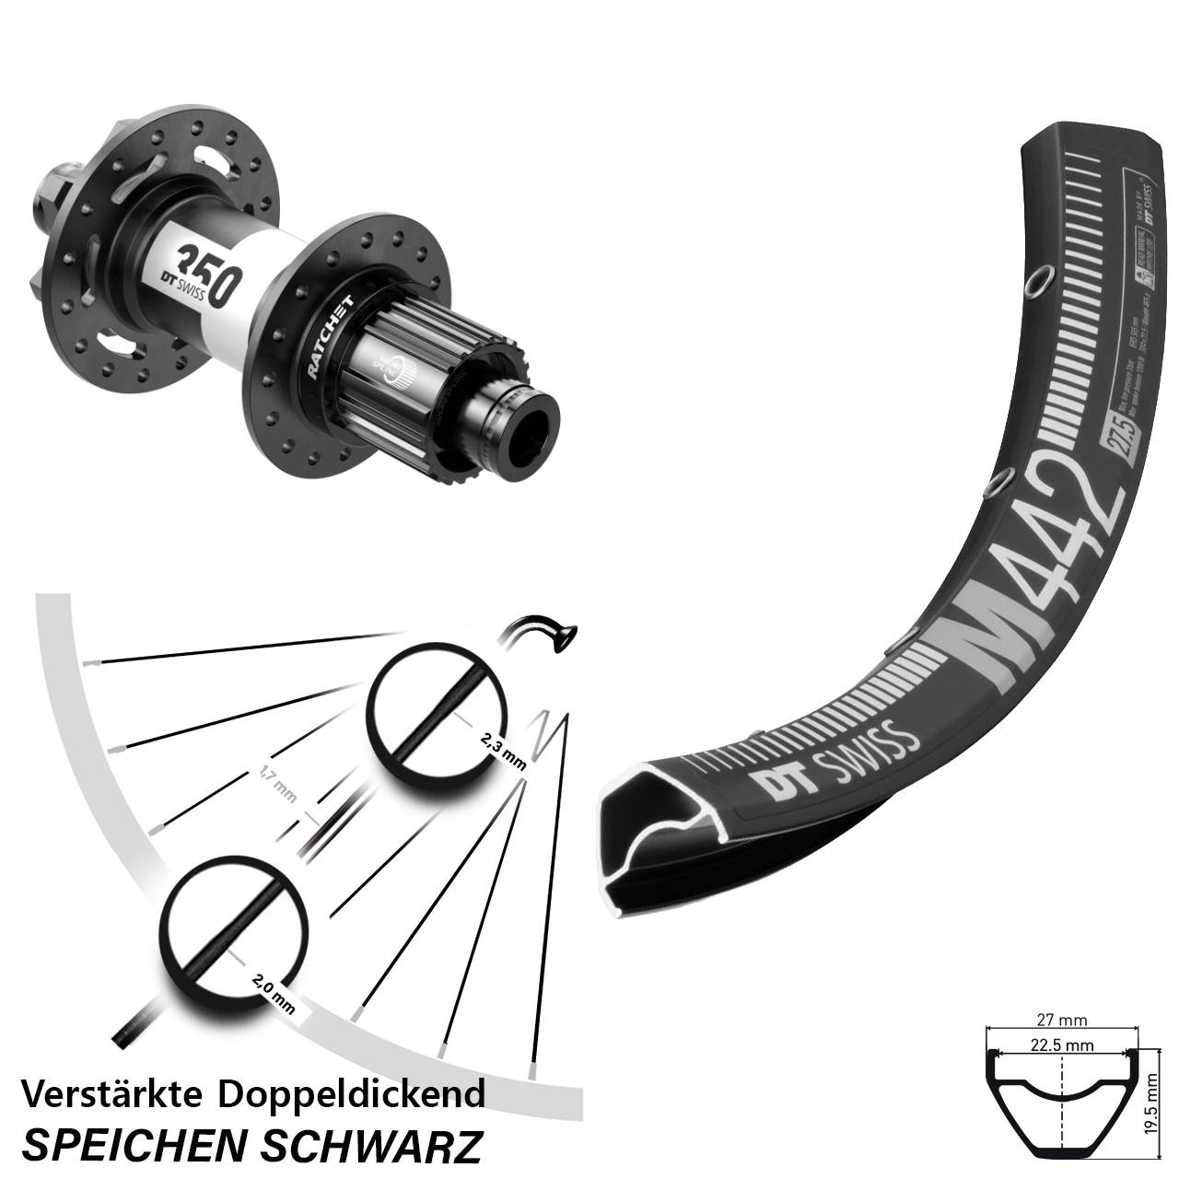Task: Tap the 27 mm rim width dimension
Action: click(1061, 1020)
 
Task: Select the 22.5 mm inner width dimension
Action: click(1061, 1045)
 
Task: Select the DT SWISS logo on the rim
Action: click(834, 762)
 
